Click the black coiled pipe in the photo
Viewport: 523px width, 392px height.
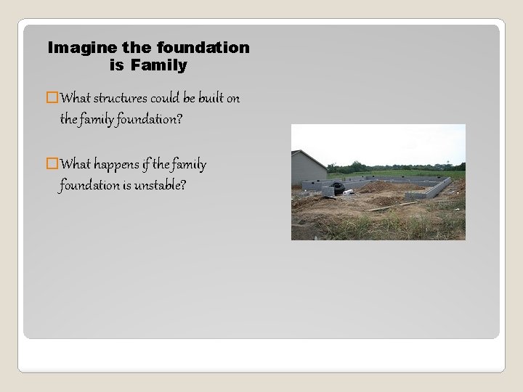click(x=336, y=188)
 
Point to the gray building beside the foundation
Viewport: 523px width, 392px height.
click(x=308, y=169)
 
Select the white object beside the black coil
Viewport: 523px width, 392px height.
click(x=349, y=192)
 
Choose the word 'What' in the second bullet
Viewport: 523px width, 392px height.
click(x=76, y=165)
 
